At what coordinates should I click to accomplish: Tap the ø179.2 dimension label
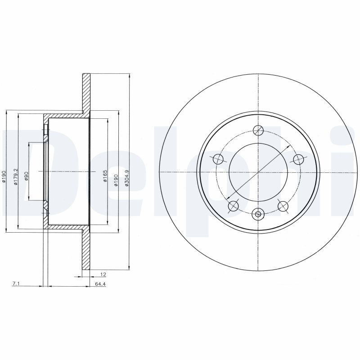pos(15,177)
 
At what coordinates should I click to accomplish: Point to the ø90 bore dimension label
pos(27,176)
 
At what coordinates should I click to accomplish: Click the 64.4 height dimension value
pos(100,284)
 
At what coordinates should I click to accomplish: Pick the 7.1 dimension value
pos(16,284)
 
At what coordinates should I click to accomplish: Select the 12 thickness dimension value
pos(103,274)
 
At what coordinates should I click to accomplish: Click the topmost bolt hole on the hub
pos(258,130)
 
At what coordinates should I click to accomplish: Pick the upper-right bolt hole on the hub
pos(297,159)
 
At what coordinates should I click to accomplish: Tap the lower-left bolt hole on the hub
pos(234,206)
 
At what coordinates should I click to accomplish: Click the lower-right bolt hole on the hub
pos(283,206)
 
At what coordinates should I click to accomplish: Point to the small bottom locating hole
pos(258,214)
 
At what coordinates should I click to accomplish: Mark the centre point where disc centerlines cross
pos(258,172)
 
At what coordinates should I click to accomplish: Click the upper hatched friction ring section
pos(86,92)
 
